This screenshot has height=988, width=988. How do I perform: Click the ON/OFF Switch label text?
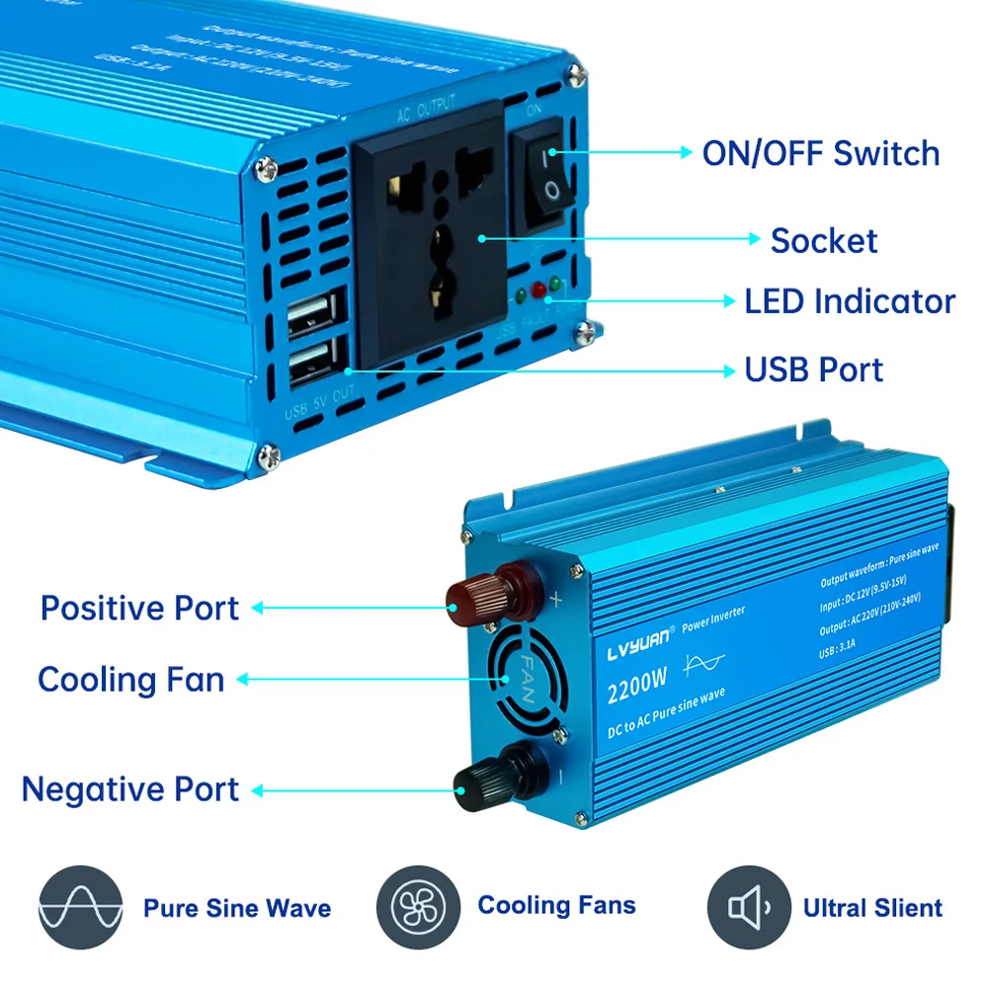click(x=820, y=153)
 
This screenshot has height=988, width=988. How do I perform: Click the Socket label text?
click(x=823, y=240)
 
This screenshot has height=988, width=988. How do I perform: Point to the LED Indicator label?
click(x=850, y=301)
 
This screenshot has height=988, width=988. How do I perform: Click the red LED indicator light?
click(x=538, y=290)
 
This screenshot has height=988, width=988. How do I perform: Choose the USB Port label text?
click(x=813, y=370)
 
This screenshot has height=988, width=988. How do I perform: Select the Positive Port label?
click(x=139, y=608)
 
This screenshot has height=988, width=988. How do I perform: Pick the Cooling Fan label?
click(x=131, y=680)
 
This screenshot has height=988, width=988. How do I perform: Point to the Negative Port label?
click(x=129, y=789)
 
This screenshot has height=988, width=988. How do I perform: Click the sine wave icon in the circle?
click(x=80, y=907)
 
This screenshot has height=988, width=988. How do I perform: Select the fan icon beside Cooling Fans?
click(x=418, y=907)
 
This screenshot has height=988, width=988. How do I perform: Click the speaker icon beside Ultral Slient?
click(x=749, y=907)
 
